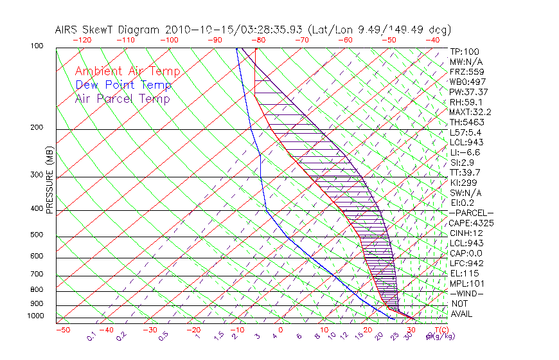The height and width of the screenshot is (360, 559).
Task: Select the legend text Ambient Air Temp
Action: (x=128, y=71)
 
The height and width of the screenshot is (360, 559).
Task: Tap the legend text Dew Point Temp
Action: (x=123, y=85)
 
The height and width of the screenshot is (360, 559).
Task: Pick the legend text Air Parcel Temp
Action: (x=123, y=98)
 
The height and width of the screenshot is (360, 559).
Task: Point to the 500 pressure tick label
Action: (x=37, y=235)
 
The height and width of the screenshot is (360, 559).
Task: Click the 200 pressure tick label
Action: (x=37, y=128)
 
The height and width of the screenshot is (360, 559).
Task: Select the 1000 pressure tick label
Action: (x=35, y=316)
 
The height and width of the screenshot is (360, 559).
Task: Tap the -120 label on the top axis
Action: (x=82, y=40)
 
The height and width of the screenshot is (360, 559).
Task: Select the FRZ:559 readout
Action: (x=464, y=72)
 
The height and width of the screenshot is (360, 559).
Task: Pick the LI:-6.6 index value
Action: (x=465, y=152)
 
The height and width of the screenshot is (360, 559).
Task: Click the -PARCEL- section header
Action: (x=471, y=213)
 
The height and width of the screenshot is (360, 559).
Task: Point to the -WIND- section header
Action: (x=466, y=293)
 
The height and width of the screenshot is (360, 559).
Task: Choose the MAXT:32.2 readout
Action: (x=469, y=112)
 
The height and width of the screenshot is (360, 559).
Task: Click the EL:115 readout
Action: (x=462, y=273)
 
